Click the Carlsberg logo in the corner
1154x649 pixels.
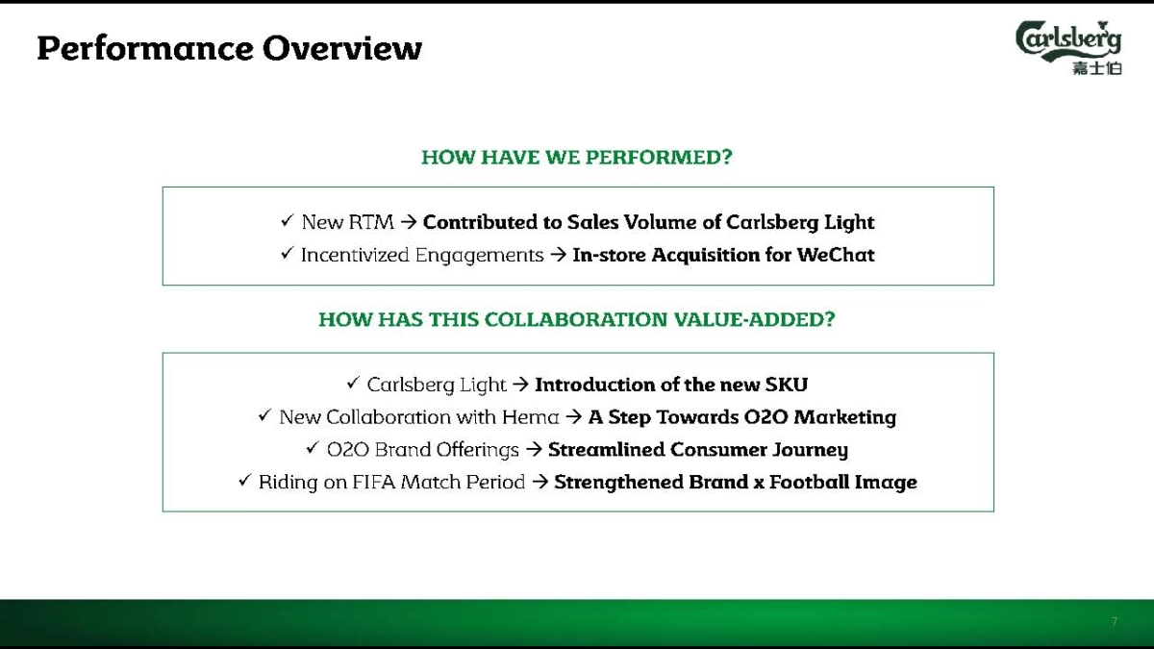pyautogui.click(x=1069, y=47)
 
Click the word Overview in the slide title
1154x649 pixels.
pyautogui.click(x=342, y=48)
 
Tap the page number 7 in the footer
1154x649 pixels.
pyautogui.click(x=1115, y=622)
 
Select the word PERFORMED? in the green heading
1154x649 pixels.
pyautogui.click(x=659, y=157)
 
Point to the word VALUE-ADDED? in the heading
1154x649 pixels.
pyautogui.click(x=754, y=319)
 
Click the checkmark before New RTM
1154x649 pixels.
pyautogui.click(x=288, y=220)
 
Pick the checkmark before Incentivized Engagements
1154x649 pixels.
pyautogui.click(x=288, y=253)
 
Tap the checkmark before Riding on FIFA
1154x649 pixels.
pyautogui.click(x=245, y=481)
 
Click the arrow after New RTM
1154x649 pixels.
pyautogui.click(x=409, y=222)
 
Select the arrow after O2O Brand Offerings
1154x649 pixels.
pyautogui.click(x=534, y=450)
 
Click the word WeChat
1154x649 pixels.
pyautogui.click(x=836, y=255)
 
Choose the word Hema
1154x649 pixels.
pyautogui.click(x=531, y=417)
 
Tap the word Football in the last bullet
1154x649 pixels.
pyautogui.click(x=810, y=482)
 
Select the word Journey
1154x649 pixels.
pyautogui.click(x=811, y=451)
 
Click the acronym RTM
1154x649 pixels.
pyautogui.click(x=371, y=222)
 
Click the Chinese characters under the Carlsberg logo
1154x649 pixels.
pyautogui.click(x=1097, y=68)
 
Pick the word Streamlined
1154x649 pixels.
pyautogui.click(x=607, y=450)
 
